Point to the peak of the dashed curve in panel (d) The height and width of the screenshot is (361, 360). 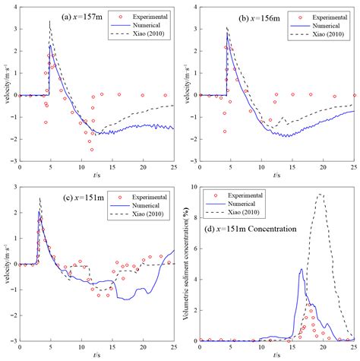(320, 195)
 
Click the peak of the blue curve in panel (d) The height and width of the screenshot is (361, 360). (302, 269)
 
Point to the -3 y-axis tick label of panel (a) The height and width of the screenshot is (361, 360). (13, 161)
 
